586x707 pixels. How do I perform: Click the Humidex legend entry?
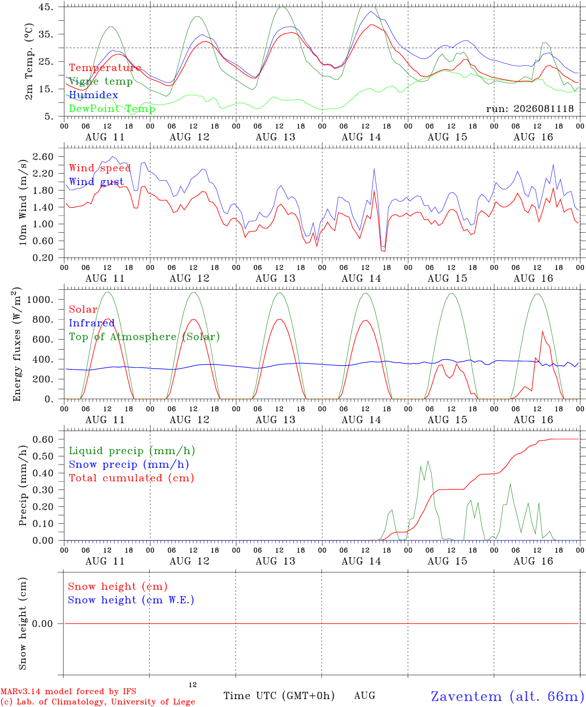[x=93, y=95]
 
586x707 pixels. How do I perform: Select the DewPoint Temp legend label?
[x=112, y=109]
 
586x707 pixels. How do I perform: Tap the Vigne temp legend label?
[x=101, y=82]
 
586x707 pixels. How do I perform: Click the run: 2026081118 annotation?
[x=530, y=109]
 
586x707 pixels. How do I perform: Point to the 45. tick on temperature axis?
[x=46, y=7]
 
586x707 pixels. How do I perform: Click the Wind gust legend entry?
[x=97, y=182]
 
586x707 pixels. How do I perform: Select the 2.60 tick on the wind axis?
[x=43, y=157]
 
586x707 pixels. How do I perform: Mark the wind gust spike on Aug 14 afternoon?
[x=374, y=169]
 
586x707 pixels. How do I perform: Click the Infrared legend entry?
[x=92, y=323]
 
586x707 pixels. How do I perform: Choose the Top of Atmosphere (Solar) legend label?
[x=145, y=337]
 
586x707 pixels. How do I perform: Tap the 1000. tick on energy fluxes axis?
[x=40, y=299]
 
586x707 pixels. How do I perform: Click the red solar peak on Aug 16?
[x=542, y=331]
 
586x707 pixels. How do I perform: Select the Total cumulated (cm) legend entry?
[x=132, y=478]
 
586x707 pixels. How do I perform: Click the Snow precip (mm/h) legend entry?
[x=129, y=464]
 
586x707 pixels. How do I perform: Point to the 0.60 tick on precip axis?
[x=43, y=439]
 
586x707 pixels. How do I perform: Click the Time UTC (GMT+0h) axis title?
[x=279, y=696]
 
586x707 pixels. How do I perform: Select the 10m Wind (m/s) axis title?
[x=23, y=202]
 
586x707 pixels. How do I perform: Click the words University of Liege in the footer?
[x=153, y=702]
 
